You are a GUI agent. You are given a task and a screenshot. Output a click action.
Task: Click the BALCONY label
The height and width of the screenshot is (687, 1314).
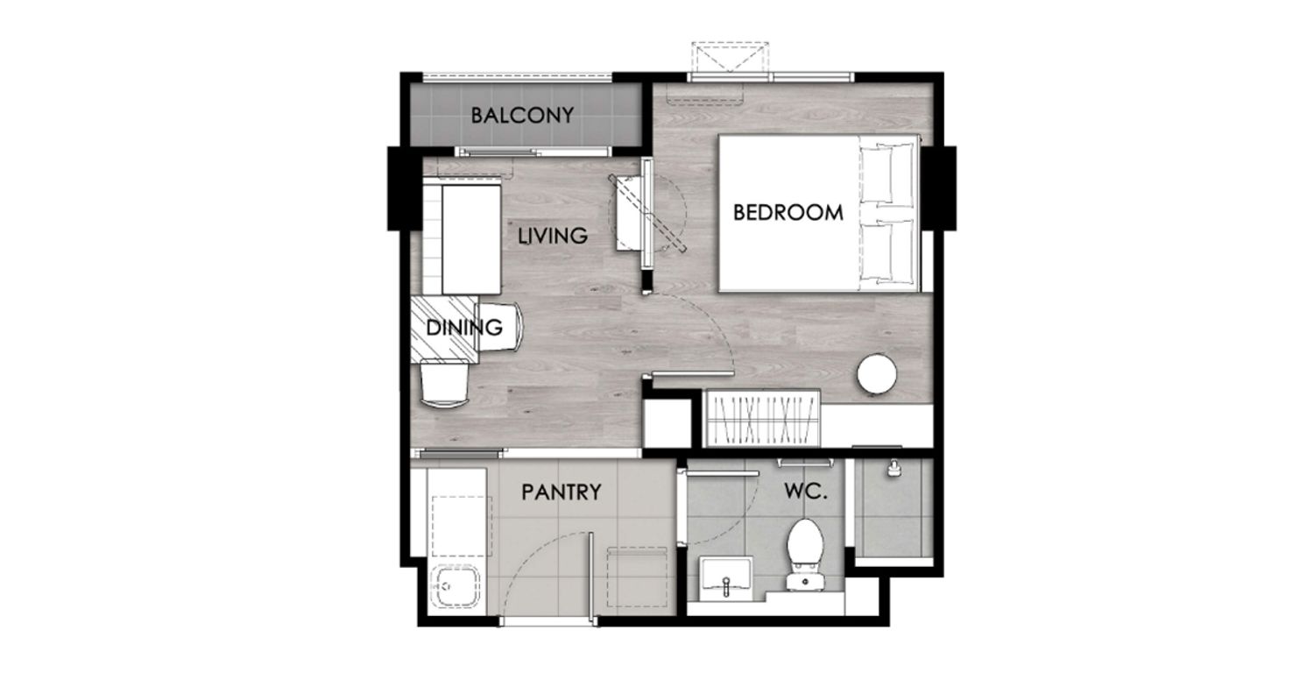click(x=522, y=116)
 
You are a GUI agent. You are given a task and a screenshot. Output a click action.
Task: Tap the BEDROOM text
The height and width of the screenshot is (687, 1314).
click(x=788, y=212)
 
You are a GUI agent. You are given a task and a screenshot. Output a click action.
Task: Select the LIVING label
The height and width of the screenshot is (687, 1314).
click(x=553, y=236)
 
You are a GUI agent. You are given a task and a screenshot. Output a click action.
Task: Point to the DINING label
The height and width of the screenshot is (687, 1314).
click(x=464, y=328)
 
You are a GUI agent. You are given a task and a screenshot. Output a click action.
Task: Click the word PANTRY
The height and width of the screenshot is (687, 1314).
click(x=562, y=492)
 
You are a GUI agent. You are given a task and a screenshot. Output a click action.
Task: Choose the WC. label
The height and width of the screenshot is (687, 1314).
click(x=805, y=492)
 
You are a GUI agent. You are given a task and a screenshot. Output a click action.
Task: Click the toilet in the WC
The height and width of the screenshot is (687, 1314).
click(x=805, y=555)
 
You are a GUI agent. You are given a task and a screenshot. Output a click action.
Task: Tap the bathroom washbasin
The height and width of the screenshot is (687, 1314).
click(x=725, y=577)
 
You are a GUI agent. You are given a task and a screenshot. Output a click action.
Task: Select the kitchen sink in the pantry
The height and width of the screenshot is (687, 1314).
click(x=456, y=587)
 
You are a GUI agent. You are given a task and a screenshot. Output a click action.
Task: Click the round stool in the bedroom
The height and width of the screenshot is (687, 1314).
click(x=876, y=372)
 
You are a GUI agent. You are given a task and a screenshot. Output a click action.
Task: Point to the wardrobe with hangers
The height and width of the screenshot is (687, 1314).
click(x=761, y=419)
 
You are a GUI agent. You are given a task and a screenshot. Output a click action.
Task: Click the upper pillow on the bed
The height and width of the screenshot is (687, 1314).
click(x=887, y=174)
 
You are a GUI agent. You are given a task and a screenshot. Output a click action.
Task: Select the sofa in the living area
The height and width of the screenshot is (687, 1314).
click(x=461, y=238)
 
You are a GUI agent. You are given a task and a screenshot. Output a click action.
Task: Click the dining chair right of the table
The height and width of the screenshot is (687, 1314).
click(x=500, y=327)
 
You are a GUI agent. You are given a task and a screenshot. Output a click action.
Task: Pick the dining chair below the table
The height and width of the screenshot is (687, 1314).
click(x=445, y=383)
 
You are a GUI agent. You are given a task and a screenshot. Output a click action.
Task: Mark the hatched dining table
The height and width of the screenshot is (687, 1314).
click(x=444, y=329)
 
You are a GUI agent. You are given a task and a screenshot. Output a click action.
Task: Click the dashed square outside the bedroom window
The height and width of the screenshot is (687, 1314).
click(x=730, y=57)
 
